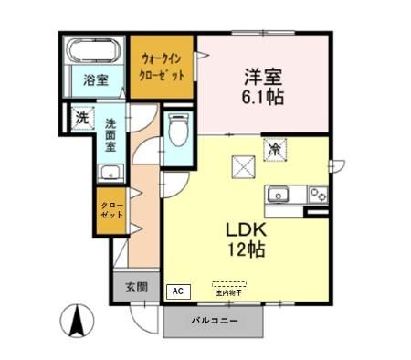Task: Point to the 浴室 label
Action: (x=95, y=79)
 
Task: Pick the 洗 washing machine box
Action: (x=81, y=117)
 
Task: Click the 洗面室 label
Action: (x=111, y=134)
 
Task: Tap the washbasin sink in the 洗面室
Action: (x=111, y=173)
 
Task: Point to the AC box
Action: (x=178, y=291)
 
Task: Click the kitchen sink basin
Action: (x=279, y=195)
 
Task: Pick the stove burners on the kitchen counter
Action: (x=317, y=194)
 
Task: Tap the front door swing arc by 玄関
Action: (x=143, y=315)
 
